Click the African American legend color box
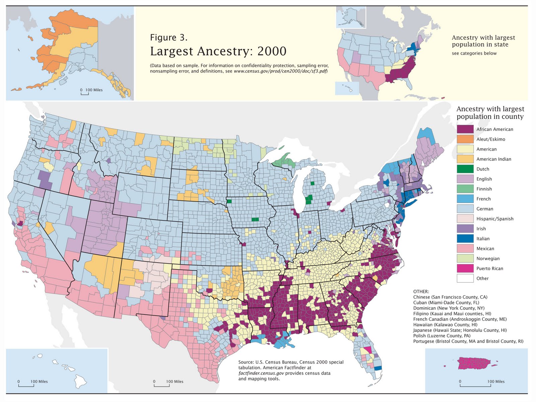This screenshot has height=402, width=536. (465, 129)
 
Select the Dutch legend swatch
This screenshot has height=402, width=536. (465, 169)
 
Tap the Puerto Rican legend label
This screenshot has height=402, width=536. (489, 268)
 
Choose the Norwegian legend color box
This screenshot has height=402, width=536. (465, 258)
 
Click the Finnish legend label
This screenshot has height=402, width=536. (484, 189)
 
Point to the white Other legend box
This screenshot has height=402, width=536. (465, 278)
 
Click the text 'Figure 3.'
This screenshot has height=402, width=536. (169, 38)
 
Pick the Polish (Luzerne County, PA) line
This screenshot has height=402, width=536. (442, 336)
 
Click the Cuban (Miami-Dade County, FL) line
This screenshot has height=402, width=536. (446, 302)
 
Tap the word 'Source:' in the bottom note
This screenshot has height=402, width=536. (246, 362)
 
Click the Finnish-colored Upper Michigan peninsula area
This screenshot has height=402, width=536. (285, 161)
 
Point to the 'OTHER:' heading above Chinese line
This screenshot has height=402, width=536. (421, 292)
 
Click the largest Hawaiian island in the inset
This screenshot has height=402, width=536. (80, 381)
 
